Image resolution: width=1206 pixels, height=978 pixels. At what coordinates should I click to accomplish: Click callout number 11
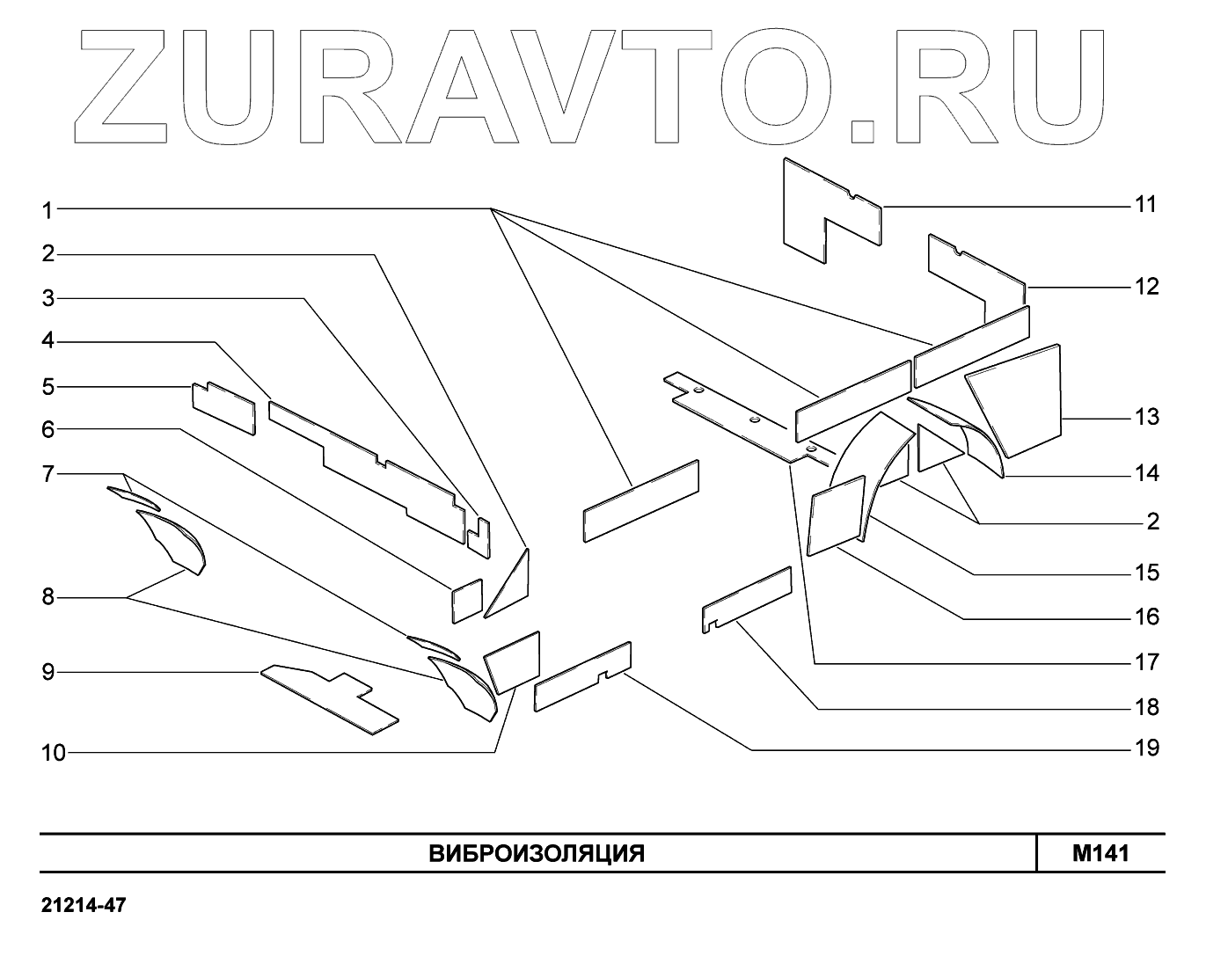(1144, 205)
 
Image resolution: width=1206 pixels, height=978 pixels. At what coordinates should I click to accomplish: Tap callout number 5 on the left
(48, 387)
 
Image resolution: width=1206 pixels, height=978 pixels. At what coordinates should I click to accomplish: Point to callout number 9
(48, 673)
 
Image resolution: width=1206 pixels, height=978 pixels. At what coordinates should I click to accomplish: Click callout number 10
(54, 753)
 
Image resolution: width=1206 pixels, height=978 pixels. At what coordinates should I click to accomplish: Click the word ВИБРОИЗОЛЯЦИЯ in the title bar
(537, 853)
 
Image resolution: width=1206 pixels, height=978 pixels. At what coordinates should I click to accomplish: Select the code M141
(1100, 853)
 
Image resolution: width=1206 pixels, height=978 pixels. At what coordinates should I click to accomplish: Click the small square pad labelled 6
(467, 601)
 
